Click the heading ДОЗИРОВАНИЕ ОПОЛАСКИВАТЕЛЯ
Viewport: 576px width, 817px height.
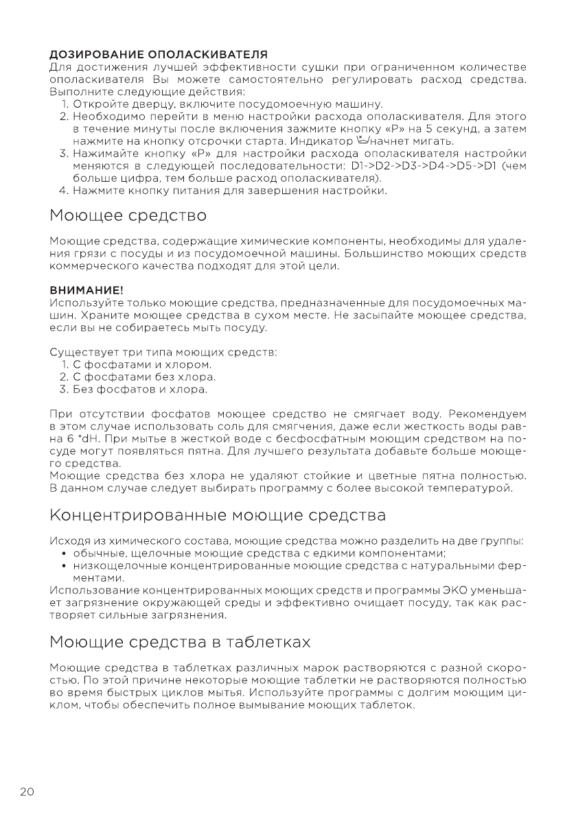point(159,54)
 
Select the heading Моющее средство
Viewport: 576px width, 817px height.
point(128,216)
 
